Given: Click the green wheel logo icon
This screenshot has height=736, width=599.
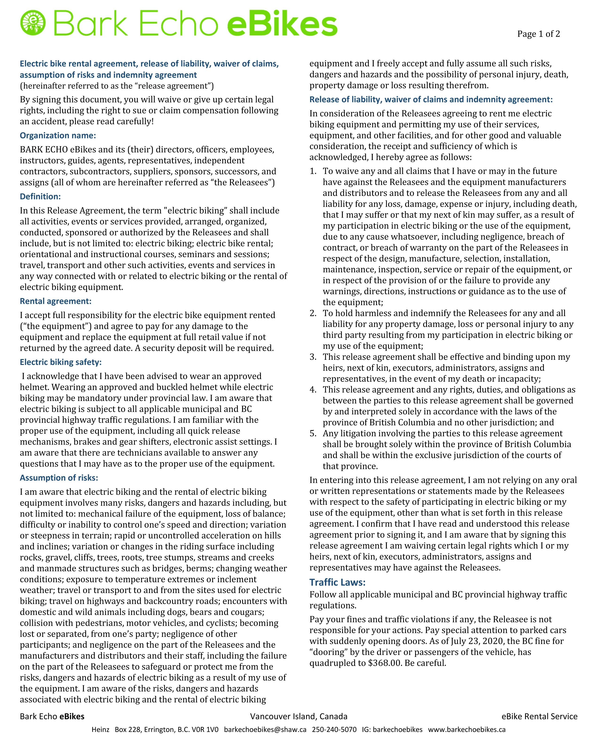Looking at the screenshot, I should coord(33,23).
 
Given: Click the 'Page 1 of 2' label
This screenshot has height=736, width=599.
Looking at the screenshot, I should coord(538,34).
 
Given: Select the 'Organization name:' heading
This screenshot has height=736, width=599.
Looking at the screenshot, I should coord(58,136).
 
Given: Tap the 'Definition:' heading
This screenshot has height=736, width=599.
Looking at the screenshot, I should coord(40,197).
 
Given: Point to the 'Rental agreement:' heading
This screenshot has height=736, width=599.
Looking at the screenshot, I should coord(56,301).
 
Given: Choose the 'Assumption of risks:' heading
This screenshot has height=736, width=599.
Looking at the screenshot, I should coord(59,478).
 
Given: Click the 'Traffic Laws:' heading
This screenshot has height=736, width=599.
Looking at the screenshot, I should coord(337,582).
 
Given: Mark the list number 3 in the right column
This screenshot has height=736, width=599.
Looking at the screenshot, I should coord(313,357).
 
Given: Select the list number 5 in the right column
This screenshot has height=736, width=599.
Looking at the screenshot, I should coord(313,434).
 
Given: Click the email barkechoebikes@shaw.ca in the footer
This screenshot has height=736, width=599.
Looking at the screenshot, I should coord(265,729).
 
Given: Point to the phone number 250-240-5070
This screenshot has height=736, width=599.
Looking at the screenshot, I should coord(334,729).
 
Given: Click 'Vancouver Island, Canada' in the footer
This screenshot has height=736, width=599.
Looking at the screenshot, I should coord(299,716).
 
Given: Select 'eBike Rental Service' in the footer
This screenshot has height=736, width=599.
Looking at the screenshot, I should coord(539,716).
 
